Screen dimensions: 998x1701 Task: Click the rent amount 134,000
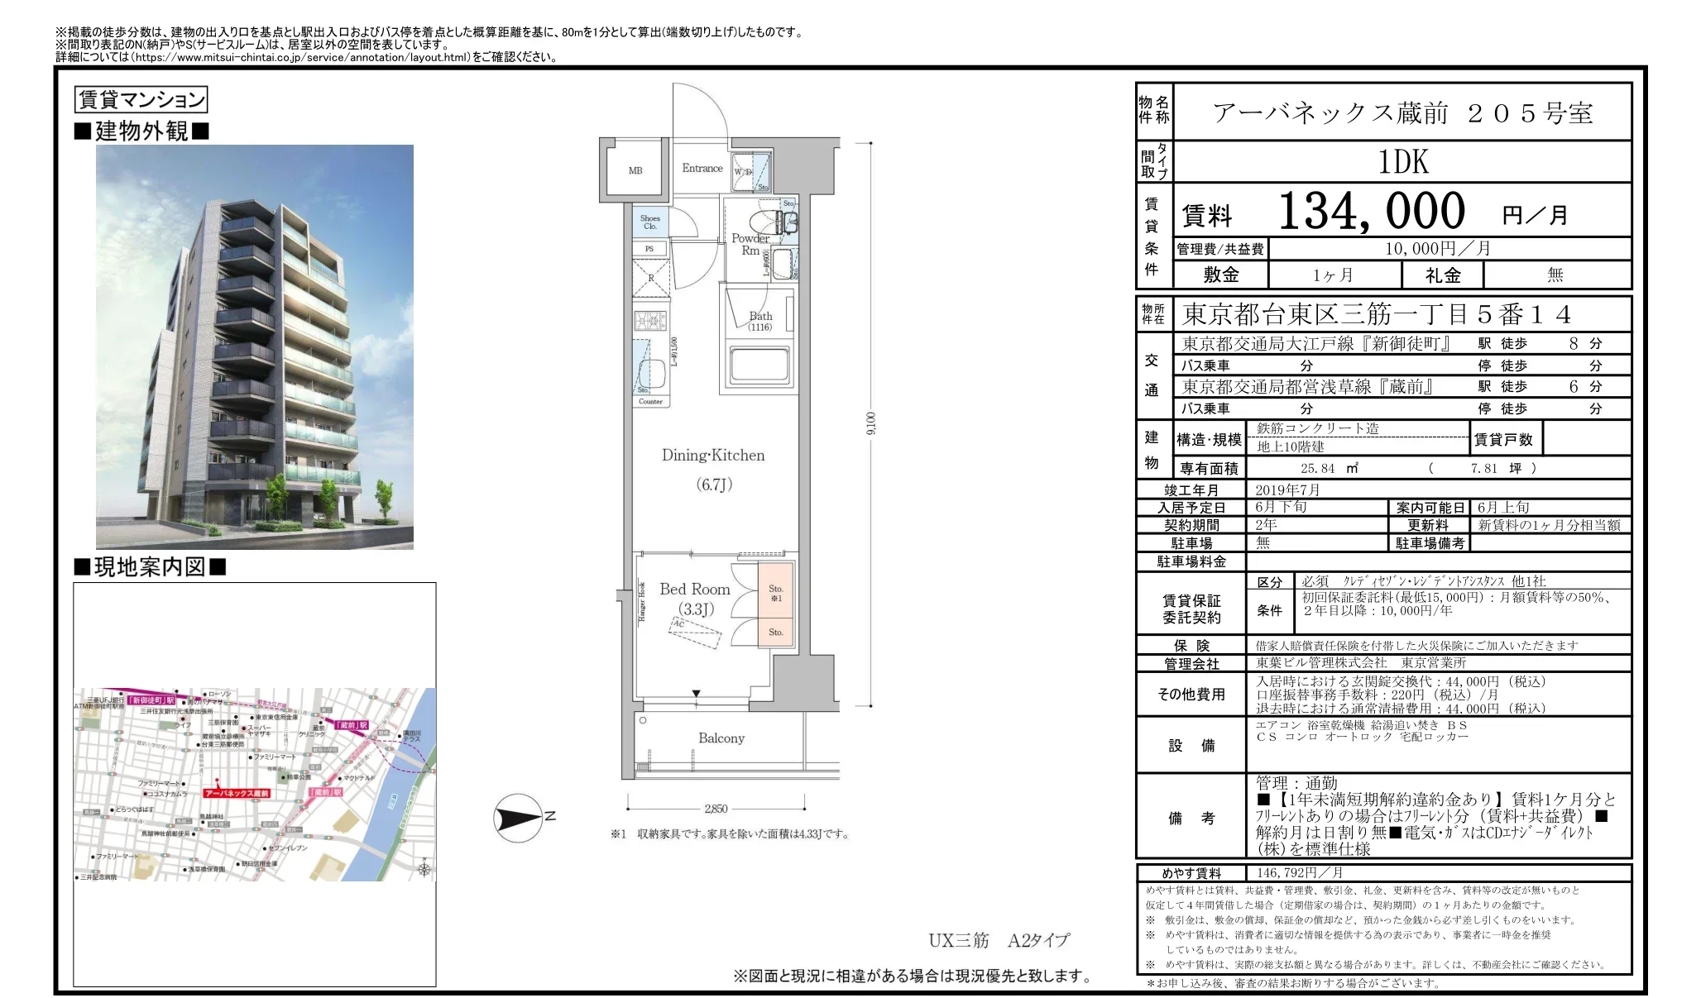click(x=1372, y=212)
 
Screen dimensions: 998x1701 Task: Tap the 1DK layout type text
click(x=1403, y=162)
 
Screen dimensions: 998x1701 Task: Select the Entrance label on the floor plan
click(x=702, y=168)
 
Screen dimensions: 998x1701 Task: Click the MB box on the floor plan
click(x=635, y=170)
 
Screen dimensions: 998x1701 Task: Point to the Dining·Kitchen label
click(x=713, y=456)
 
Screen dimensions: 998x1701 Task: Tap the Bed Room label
click(x=695, y=590)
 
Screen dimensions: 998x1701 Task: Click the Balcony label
click(x=721, y=738)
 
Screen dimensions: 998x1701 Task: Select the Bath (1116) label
click(x=760, y=321)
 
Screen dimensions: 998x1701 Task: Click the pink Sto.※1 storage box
click(x=776, y=593)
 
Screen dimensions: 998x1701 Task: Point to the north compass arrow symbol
click(x=519, y=818)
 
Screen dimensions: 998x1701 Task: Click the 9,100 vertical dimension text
click(x=870, y=423)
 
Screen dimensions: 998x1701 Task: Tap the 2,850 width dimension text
click(x=716, y=809)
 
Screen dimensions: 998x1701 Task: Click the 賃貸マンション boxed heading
click(x=141, y=100)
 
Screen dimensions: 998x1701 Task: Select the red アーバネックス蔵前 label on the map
click(x=237, y=793)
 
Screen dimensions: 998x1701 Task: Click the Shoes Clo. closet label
click(x=650, y=222)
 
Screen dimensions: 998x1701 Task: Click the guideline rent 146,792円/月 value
click(x=1299, y=872)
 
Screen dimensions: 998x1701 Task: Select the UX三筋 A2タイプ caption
click(x=999, y=940)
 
